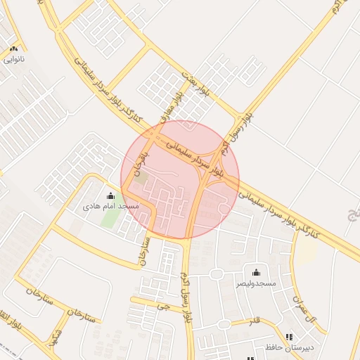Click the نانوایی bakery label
click(14, 60)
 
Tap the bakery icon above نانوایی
click(14, 49)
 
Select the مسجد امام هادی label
click(110, 207)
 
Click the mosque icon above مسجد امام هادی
click(110, 196)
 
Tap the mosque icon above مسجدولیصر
click(255, 272)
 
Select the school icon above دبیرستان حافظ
click(289, 337)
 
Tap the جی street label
click(165, 307)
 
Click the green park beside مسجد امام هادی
click(110, 217)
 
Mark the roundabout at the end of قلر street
click(224, 324)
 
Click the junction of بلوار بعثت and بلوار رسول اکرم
click(238, 114)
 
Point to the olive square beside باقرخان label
click(141, 179)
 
